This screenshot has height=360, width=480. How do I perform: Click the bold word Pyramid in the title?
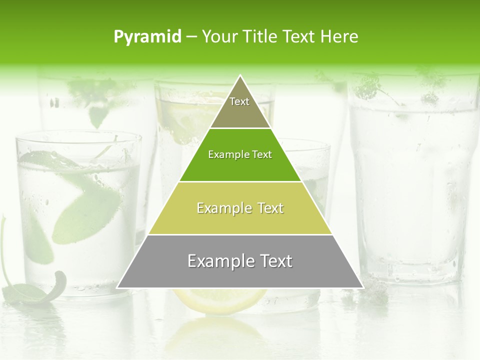[x=147, y=37]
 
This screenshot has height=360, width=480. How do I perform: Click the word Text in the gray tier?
[x=275, y=261]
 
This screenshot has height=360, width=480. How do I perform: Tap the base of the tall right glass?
[x=412, y=272]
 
